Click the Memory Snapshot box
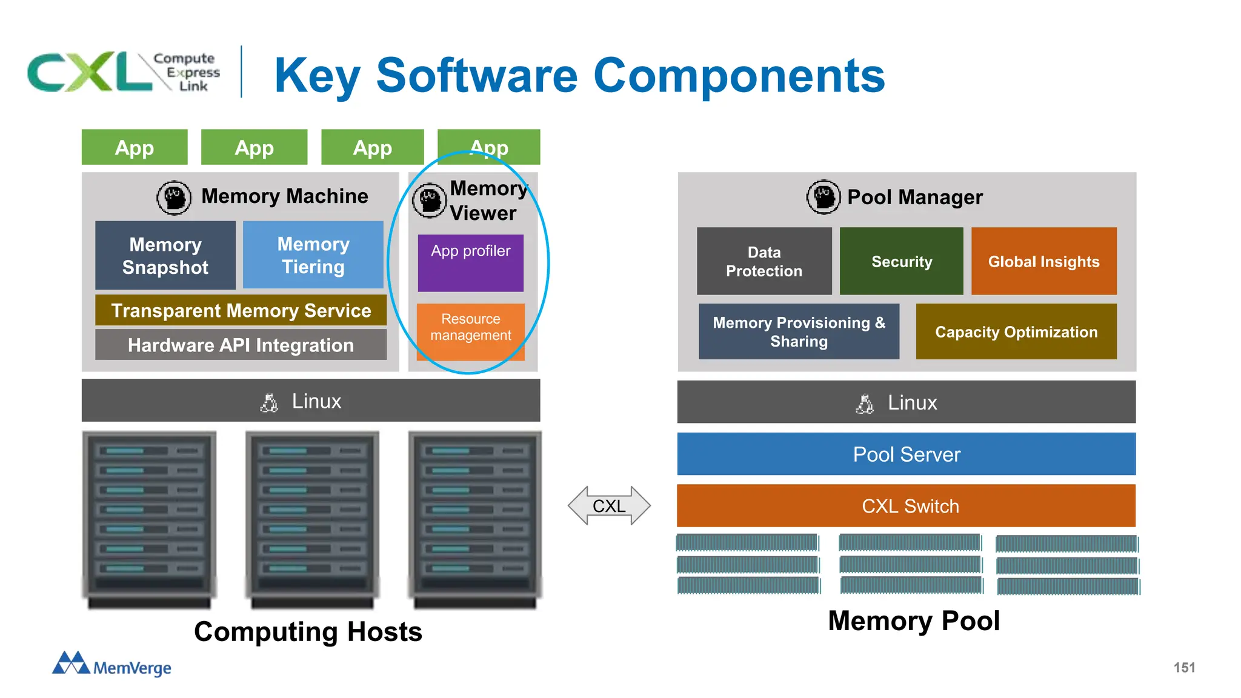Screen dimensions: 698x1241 pos(165,255)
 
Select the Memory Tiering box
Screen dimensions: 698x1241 pos(313,255)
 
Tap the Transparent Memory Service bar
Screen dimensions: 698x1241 pos(241,310)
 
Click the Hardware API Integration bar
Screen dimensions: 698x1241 pos(241,345)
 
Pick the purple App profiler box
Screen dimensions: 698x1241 pos(470,263)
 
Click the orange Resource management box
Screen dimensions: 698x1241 pos(470,331)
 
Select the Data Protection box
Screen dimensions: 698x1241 pos(764,261)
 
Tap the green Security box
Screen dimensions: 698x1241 pos(901,261)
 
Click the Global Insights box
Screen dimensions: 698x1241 pos(1043,261)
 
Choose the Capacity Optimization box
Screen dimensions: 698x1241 pos(1016,331)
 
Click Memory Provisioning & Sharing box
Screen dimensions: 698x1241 pos(798,331)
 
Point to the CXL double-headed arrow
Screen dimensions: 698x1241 pos(609,505)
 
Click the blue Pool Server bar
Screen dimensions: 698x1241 pos(906,454)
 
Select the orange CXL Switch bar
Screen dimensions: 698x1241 pos(906,505)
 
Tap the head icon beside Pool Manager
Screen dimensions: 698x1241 pos(823,197)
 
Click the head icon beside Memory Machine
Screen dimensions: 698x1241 pos(174,198)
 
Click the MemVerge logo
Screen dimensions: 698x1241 pos(111,664)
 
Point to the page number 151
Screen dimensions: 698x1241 pos(1184,667)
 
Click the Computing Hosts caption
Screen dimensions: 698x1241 pos(308,631)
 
